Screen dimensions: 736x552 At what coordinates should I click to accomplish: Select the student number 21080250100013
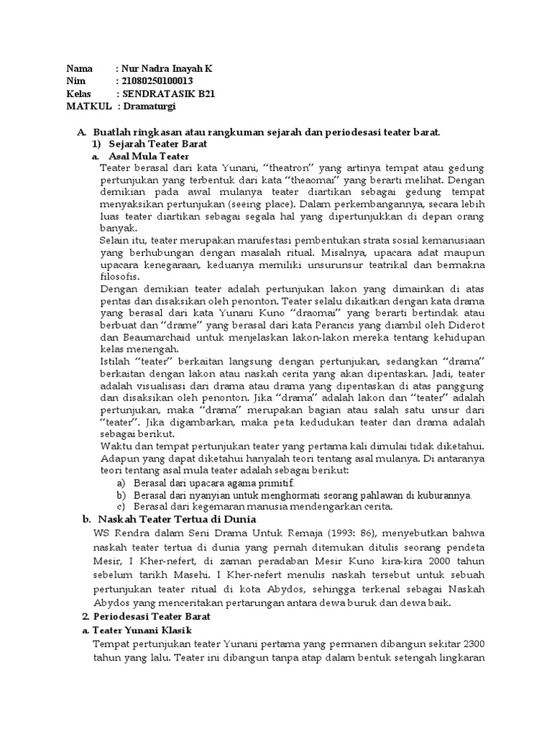tap(158, 80)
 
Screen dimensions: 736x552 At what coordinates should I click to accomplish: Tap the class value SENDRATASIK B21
tap(168, 93)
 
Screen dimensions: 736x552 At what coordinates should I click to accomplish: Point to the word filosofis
tap(120, 277)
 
